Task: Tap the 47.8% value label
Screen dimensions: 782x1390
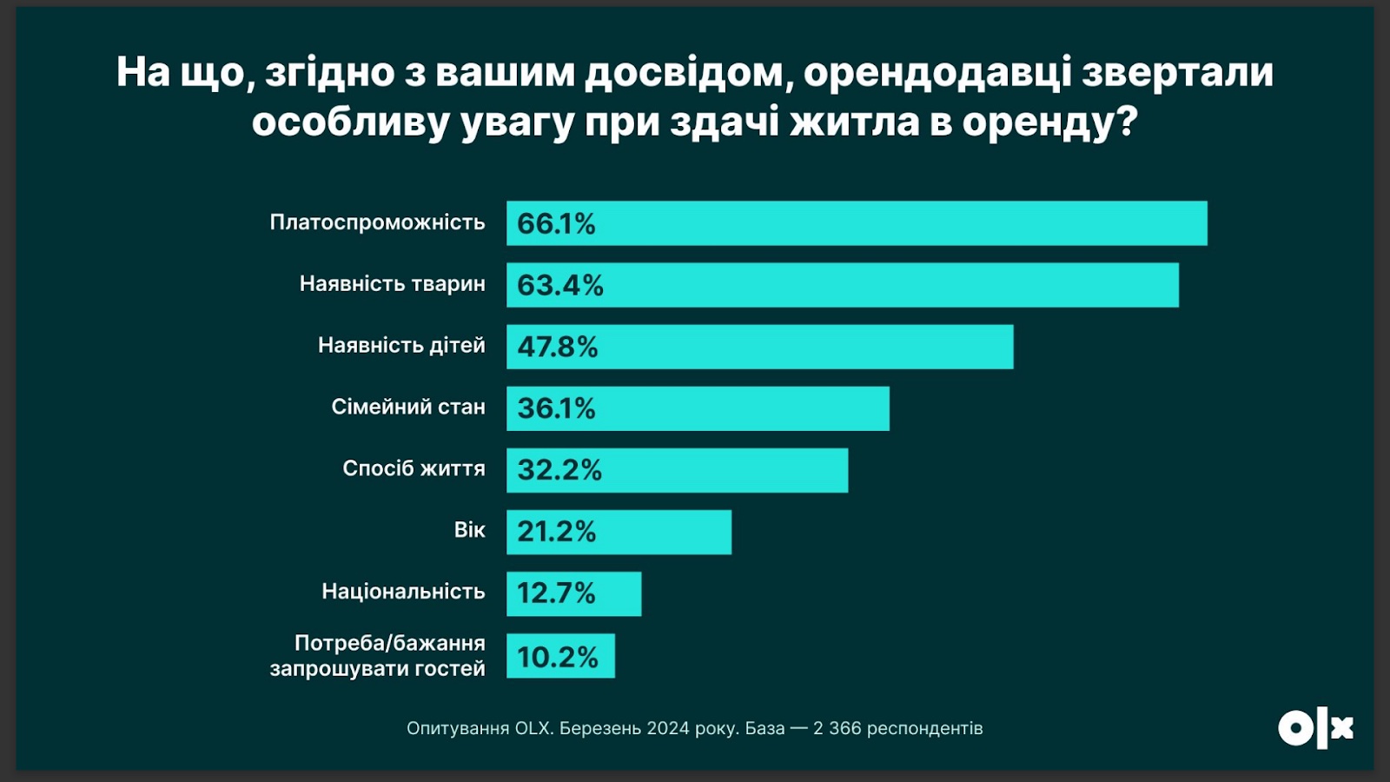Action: pyautogui.click(x=558, y=347)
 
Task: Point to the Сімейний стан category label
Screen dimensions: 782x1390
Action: pyautogui.click(x=408, y=407)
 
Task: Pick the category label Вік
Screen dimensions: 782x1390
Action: pyautogui.click(x=469, y=530)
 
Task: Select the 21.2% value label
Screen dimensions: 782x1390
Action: pyautogui.click(x=557, y=531)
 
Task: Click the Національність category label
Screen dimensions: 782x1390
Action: pyautogui.click(x=403, y=592)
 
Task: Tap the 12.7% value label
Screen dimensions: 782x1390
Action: pyautogui.click(x=556, y=593)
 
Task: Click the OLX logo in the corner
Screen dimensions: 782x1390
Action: pyautogui.click(x=1315, y=728)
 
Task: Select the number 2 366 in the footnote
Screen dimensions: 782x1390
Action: pyautogui.click(x=837, y=728)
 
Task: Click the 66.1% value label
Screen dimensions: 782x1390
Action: pyautogui.click(x=556, y=223)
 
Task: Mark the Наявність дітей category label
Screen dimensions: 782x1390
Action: pyautogui.click(x=401, y=345)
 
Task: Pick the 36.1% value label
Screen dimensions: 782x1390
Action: pyautogui.click(x=556, y=408)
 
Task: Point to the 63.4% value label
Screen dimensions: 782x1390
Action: pyautogui.click(x=559, y=285)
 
